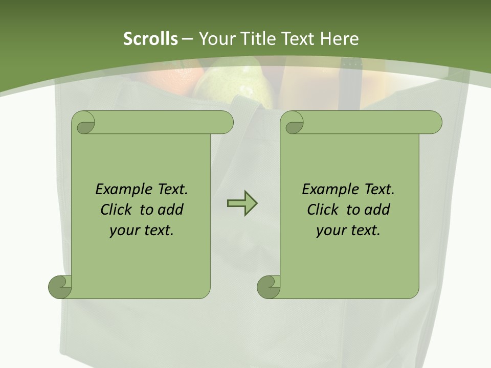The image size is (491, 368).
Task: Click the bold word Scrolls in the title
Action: click(151, 39)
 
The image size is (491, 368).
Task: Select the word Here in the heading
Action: click(339, 39)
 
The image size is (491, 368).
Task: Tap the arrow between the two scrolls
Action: click(242, 203)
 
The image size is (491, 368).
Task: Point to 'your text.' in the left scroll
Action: click(142, 231)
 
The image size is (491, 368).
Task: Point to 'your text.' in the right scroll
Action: click(348, 231)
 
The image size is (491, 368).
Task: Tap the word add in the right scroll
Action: click(378, 210)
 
